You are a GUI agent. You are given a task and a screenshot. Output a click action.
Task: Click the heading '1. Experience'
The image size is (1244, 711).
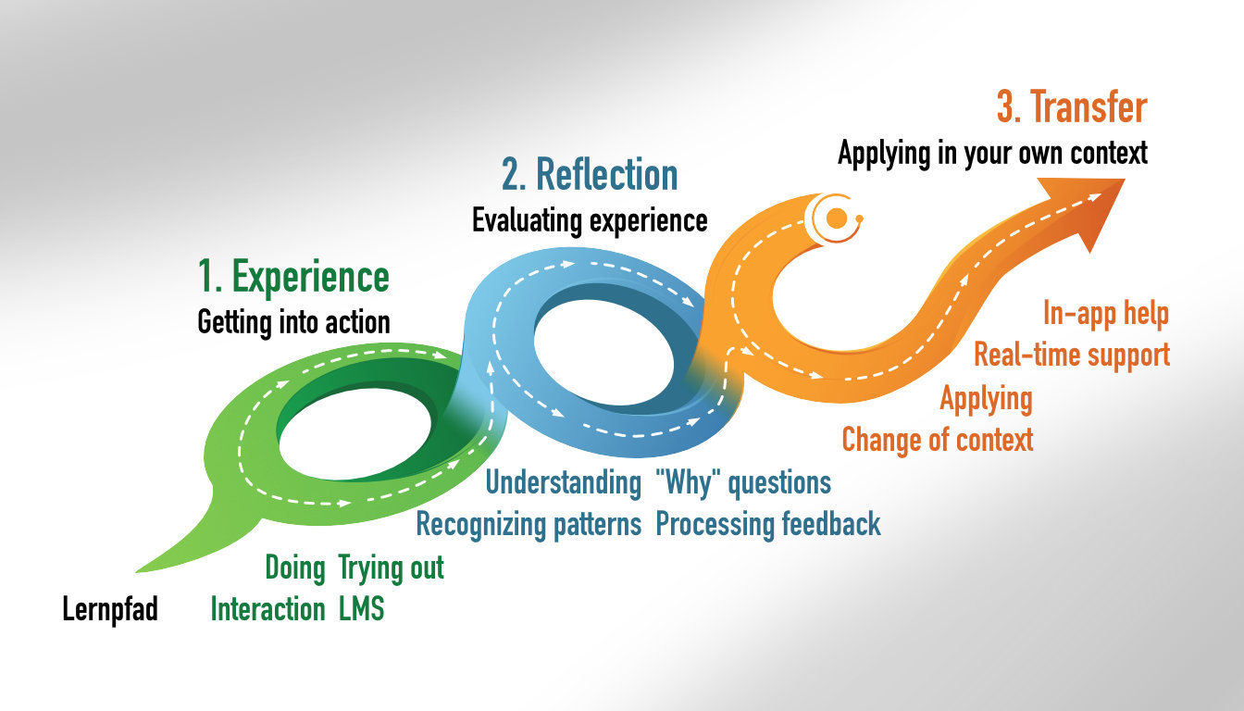293,277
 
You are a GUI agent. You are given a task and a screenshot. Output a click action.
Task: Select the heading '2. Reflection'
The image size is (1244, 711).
590,175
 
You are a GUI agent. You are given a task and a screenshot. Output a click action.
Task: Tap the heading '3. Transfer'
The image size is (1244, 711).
1072,107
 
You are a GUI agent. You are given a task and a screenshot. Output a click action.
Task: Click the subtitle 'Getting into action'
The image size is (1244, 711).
293,322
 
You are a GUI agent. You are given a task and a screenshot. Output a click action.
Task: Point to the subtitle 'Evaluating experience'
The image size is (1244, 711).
590,220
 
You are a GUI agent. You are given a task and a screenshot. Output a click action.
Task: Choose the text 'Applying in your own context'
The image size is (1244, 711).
992,153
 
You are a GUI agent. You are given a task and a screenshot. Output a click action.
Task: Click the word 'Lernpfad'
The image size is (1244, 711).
110,610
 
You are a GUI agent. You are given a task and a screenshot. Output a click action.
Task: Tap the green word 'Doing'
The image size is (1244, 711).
295,568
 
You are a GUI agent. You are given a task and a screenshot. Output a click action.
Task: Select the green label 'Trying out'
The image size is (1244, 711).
391,568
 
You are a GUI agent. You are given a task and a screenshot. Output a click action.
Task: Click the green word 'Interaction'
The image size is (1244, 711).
267,609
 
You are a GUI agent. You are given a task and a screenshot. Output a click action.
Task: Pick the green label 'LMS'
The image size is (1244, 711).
361,609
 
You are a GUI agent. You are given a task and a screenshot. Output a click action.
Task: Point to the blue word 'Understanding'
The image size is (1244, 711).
563,482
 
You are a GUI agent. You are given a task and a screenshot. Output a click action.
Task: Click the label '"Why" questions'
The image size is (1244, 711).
742,482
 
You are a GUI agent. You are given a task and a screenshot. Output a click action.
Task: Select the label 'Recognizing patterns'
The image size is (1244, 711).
529,524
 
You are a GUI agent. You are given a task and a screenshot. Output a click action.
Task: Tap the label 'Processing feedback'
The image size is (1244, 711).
768,524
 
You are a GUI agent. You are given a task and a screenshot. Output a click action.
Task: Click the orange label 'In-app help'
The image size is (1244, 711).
1105,314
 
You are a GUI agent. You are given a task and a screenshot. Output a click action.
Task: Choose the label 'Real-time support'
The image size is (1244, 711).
1072,355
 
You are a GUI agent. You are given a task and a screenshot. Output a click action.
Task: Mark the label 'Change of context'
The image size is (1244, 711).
937,439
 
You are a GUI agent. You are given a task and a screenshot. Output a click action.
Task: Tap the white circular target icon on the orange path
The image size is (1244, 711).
836,218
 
